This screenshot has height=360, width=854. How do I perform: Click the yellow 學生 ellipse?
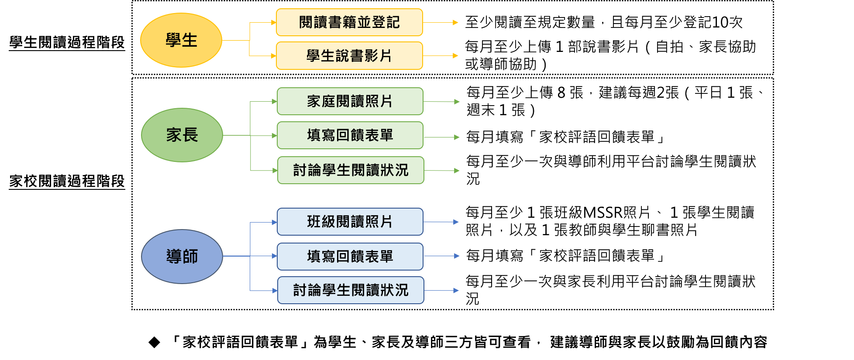[181, 40]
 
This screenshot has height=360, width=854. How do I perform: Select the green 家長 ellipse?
[182, 135]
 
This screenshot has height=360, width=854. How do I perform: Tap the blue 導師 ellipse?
[182, 257]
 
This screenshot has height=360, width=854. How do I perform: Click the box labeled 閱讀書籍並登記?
[349, 22]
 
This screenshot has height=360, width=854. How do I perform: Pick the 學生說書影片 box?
[349, 55]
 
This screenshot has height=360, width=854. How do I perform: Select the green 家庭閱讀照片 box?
[350, 101]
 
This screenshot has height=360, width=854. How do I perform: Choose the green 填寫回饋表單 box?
[350, 135]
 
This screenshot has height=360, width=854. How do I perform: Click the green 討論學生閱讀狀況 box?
[351, 170]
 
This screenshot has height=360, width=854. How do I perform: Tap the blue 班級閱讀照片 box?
[350, 222]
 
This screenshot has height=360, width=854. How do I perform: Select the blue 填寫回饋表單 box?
[350, 257]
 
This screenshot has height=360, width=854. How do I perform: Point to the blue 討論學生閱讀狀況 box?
[351, 290]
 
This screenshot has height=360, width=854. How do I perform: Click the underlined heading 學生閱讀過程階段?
[67, 43]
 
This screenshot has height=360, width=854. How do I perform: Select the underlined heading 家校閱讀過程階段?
[67, 181]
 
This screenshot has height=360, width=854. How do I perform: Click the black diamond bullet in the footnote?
[154, 342]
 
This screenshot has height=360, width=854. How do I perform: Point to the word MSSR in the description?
[603, 213]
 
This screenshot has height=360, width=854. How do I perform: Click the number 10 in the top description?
[720, 22]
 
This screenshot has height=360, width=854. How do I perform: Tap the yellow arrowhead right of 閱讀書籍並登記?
[455, 22]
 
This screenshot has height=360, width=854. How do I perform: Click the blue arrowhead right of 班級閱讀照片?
[456, 222]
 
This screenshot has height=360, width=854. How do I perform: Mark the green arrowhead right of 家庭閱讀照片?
[457, 102]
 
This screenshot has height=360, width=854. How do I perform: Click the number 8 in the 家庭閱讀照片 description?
[561, 93]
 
